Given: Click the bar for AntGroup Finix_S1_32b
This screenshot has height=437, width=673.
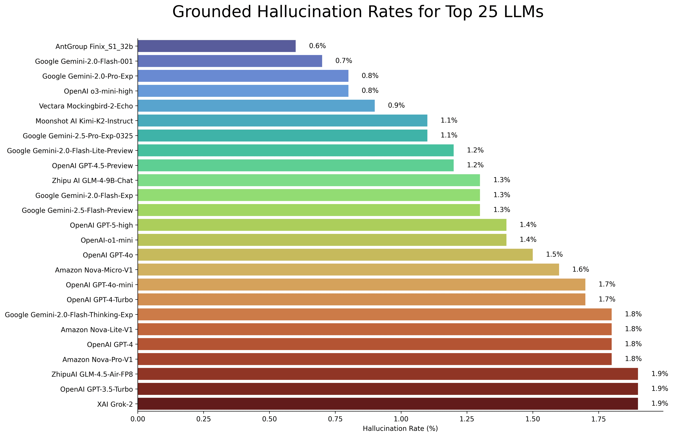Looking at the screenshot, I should coord(217,46).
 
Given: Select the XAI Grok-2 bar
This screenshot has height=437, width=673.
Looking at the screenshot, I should coord(388,404).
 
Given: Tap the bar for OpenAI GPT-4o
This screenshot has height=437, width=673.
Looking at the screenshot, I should coord(335,255).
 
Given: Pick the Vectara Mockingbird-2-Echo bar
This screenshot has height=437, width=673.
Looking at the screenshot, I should coord(256,106).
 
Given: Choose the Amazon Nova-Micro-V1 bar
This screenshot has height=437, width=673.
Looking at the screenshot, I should coord(348,270).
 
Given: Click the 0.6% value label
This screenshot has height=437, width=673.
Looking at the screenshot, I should coord(317,46).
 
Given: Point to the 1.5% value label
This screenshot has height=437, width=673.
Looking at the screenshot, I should coord(554,254).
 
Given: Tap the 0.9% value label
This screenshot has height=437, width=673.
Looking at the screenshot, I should coord(396,105).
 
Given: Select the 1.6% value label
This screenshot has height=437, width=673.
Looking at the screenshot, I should coord(580,269).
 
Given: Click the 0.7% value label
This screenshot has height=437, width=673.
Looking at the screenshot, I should coord(344,61).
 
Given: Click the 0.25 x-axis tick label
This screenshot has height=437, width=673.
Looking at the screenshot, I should coord(204,419).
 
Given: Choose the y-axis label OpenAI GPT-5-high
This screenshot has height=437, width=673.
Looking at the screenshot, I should coord(101,225).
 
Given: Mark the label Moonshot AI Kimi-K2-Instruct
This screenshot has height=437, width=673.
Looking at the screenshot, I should coord(84,121).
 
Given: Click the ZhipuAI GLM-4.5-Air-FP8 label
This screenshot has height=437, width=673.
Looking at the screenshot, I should coord(92,374).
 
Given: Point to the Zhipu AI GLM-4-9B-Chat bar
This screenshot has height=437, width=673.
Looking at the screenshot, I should coord(309,180).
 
